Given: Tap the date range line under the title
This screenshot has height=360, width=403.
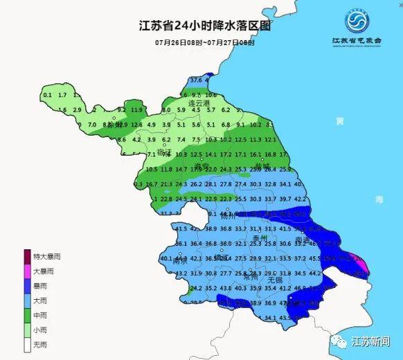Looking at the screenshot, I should [x=205, y=43].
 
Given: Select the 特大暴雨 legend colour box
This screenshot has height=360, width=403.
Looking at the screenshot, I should [x=28, y=255].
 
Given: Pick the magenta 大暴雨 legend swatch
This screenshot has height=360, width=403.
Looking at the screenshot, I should [x=28, y=271].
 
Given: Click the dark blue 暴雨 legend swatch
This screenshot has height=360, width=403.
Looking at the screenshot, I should [x=28, y=286].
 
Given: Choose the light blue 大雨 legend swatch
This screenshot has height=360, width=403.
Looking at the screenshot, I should [x=28, y=301].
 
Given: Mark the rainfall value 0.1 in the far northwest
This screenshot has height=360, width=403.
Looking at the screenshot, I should [x=48, y=95].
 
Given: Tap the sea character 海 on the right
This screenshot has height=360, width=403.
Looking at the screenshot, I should [x=379, y=199].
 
